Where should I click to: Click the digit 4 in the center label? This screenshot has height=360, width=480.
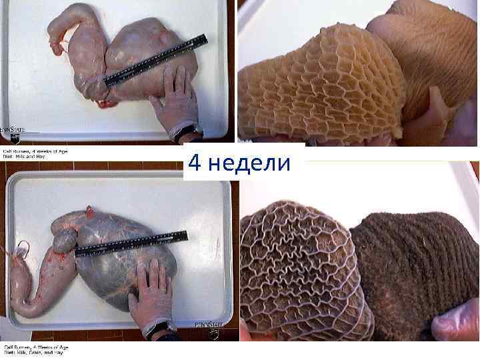[x=195, y=163]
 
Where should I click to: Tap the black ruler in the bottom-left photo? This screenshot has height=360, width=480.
[x=131, y=244]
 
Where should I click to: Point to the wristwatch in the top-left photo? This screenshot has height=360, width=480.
[x=191, y=131]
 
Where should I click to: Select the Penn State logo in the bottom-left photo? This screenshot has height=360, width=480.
[x=207, y=328]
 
